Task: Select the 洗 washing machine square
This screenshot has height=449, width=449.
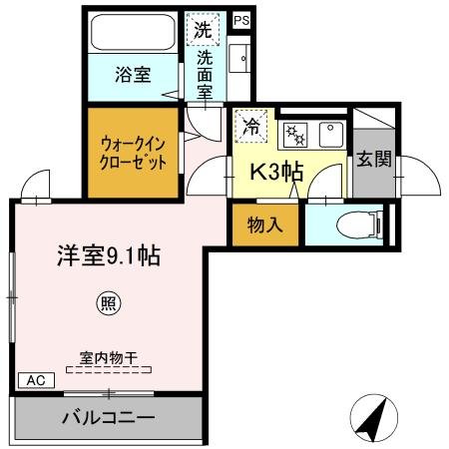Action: point(203,29)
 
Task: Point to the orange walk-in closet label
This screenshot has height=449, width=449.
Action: point(132,152)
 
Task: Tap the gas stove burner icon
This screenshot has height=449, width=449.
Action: point(294,133)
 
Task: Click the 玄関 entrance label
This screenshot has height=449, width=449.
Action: point(375,160)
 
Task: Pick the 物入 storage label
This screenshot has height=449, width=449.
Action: point(265,224)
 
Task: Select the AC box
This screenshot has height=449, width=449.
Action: point(35,381)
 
